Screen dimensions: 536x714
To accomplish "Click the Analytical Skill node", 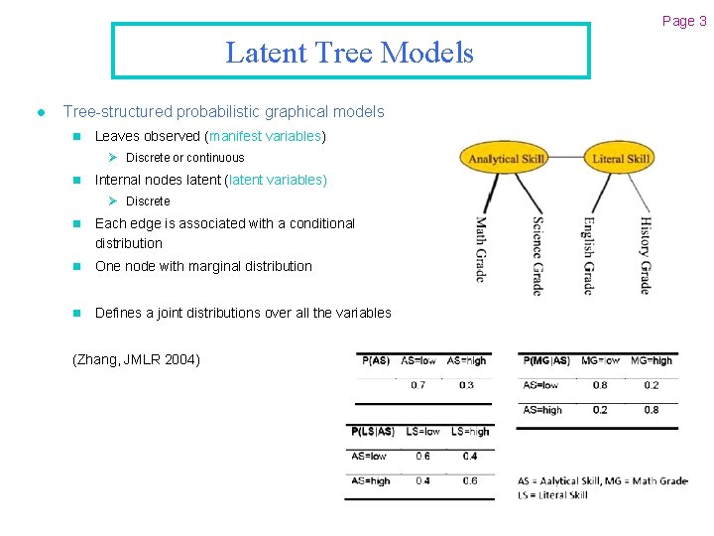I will click(508, 159).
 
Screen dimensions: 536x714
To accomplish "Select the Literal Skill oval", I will click(621, 159).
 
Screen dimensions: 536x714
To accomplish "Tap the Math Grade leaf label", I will click(481, 248).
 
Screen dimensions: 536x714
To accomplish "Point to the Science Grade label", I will click(536, 255).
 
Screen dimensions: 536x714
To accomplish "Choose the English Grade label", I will click(588, 255).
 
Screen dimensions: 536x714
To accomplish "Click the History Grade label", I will click(645, 255).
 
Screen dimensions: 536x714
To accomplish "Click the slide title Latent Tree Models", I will click(350, 52).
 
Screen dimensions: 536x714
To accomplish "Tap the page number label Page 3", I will click(684, 21).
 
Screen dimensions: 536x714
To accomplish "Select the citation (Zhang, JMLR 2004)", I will click(137, 359).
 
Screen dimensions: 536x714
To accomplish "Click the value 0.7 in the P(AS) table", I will click(417, 385).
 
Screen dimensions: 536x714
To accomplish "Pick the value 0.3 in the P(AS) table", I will click(466, 385).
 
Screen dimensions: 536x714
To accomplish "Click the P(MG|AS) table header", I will click(546, 360).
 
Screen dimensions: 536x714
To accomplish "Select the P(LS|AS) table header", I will click(373, 432).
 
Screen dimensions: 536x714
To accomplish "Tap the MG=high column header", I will click(651, 360).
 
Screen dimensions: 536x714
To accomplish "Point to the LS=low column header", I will click(422, 432).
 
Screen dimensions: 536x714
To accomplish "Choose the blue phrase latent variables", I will click(277, 180).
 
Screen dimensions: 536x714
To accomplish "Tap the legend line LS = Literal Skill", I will click(552, 495).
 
